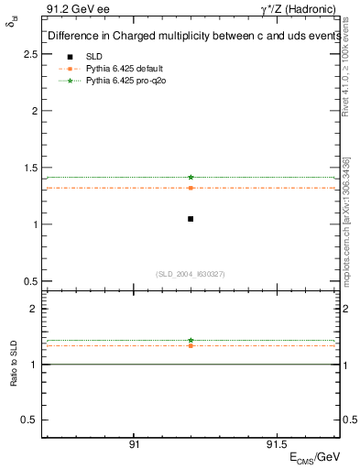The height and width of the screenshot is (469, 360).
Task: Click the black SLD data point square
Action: coord(191,219)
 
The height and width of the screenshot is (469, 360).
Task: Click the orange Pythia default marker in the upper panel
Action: coord(191,188)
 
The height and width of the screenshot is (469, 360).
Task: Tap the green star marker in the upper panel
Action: coord(191,177)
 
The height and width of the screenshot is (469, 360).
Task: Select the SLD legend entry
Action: coord(94,56)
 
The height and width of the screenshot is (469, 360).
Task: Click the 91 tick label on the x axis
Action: coord(135,444)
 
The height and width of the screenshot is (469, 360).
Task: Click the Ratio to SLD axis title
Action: coord(15,364)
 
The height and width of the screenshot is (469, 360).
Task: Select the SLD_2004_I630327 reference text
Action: coord(191,274)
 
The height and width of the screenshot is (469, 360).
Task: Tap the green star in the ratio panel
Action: coord(191,340)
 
